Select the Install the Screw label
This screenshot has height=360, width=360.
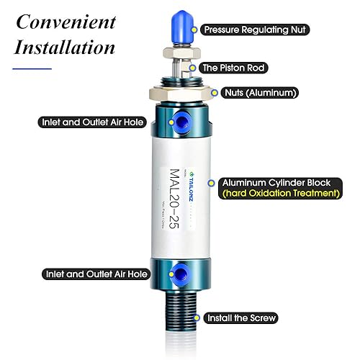(242, 318)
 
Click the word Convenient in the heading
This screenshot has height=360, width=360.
(66, 21)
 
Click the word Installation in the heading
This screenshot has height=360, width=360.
(65, 48)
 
